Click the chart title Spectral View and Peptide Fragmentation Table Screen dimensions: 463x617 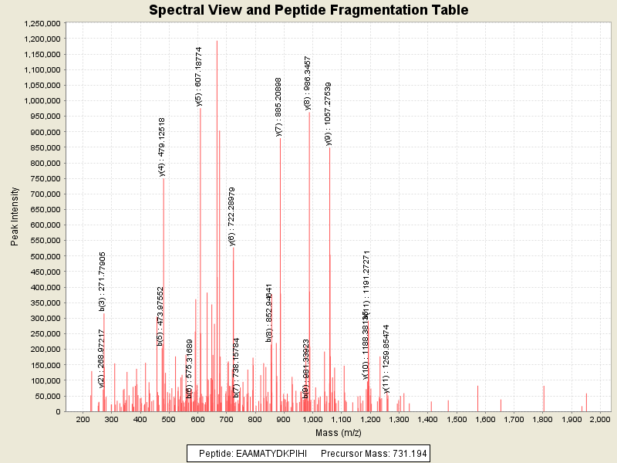[x=308, y=10]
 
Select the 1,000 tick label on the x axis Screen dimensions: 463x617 [x=312, y=419]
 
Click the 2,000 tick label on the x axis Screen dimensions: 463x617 [x=599, y=419]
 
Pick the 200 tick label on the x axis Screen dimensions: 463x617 [x=83, y=419]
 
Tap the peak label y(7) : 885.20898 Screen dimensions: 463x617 [x=279, y=106]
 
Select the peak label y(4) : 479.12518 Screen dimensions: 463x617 [x=162, y=147]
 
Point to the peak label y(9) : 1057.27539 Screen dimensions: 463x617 [x=329, y=113]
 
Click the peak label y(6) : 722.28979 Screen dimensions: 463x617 [x=232, y=216]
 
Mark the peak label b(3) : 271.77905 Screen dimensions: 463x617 [x=103, y=281]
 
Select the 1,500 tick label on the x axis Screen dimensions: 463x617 [x=456, y=419]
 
